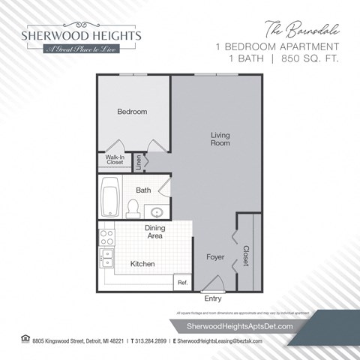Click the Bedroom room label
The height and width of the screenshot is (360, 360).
point(132,112)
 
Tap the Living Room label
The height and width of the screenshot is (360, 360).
point(220,139)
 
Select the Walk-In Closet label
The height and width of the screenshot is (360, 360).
point(115,159)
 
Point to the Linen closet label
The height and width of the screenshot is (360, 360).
point(139,160)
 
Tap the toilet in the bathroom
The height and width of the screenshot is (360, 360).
point(132,205)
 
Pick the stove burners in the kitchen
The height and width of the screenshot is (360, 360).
point(106,238)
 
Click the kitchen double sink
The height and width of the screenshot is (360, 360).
point(106,258)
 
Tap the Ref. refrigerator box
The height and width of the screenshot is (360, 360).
point(181,283)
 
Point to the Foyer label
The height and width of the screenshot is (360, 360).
point(215,257)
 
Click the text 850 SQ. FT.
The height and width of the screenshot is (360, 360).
point(307,59)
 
